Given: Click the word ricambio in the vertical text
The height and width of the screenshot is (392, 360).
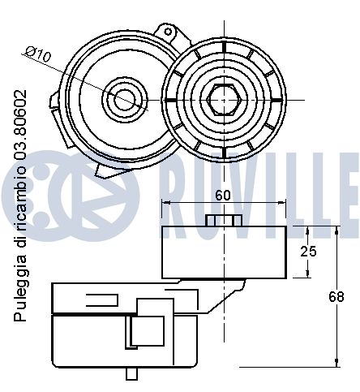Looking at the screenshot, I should coord(20,202).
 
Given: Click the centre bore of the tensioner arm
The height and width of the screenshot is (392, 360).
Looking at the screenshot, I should coord(124,99).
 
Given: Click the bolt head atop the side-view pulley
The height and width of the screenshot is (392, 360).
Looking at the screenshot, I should coord(224,222).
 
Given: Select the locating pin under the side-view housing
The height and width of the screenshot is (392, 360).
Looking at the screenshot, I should coord(132,374).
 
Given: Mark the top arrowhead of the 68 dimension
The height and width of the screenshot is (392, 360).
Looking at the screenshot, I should coord(335,230).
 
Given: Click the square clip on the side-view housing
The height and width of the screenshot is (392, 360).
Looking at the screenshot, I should coord(146,329).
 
